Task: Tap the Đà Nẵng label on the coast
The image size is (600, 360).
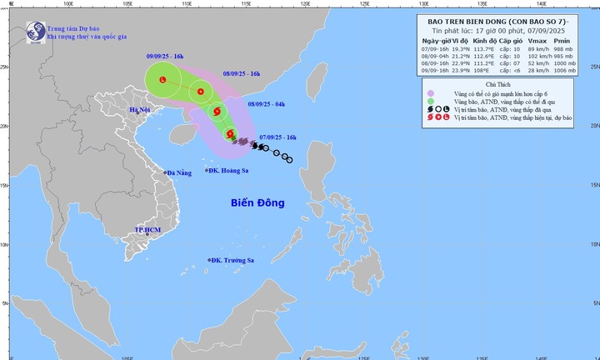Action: click(180, 173)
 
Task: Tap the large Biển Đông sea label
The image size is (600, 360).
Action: click(257, 202)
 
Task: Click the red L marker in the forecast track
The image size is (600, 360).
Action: click(162, 80)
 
